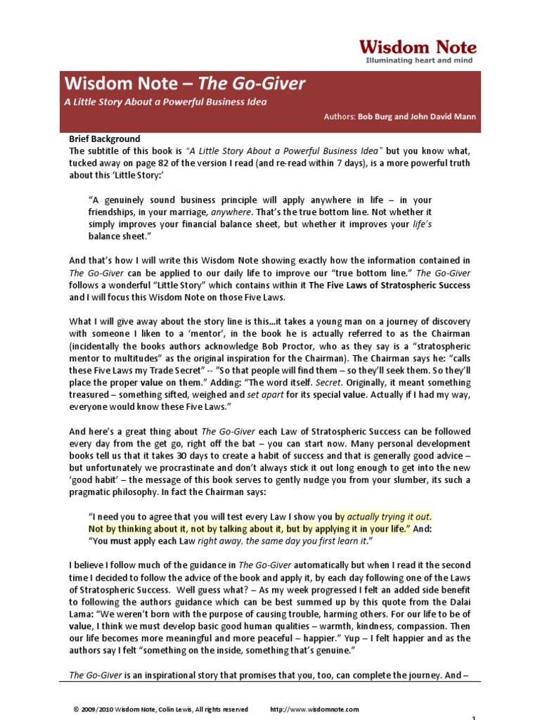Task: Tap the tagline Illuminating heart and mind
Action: (419, 61)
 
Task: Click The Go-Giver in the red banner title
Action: (252, 84)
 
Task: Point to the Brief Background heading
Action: (104, 139)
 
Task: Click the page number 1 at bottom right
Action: (474, 717)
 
